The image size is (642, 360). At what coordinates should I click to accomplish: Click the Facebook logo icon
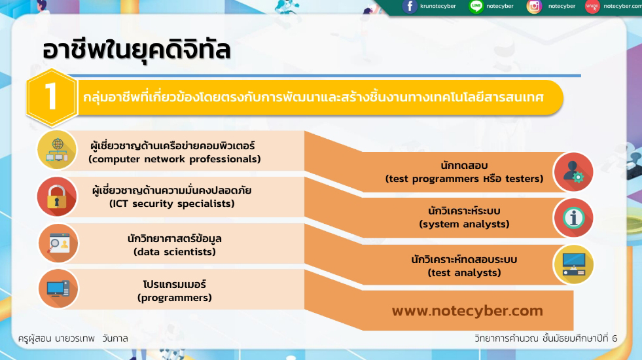pos(410,7)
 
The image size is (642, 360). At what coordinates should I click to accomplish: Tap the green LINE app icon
pos(476,6)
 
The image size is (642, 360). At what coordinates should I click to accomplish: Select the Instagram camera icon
pos(534,7)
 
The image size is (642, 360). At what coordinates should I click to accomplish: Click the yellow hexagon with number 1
pos(52,98)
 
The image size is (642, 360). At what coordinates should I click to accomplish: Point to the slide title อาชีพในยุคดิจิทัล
pos(136,50)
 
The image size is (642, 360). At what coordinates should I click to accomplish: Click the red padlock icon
pos(57,196)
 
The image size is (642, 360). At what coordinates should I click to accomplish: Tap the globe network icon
pos(57,150)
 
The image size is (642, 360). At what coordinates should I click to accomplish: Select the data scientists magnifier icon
pos(58,243)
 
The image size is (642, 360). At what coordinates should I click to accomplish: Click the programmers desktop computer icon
pos(58,289)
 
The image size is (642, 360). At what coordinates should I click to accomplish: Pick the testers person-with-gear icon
pos(573,172)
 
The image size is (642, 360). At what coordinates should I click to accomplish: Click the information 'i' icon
pos(573,218)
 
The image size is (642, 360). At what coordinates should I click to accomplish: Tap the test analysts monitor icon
pos(573,264)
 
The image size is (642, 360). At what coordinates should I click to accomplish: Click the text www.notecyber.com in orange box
pos(467,311)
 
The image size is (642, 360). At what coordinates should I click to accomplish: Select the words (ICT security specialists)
pos(172,204)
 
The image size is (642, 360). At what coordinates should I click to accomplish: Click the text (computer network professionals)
pos(175,159)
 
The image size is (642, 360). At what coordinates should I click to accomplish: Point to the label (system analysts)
pos(464,224)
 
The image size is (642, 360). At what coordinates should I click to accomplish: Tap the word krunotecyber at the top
pos(438,6)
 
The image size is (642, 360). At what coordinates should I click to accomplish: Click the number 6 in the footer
pos(614,338)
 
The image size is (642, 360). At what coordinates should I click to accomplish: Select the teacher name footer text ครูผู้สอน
pos(35,338)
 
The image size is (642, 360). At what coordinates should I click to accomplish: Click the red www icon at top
pos(592,6)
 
